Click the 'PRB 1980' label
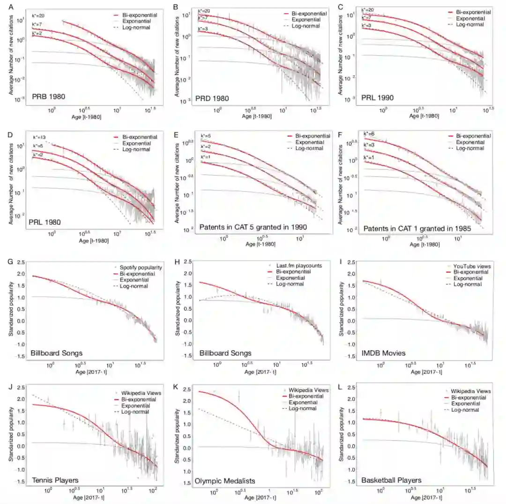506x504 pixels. point(48,97)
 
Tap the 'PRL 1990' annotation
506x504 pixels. point(378,97)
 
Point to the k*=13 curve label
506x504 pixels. point(39,137)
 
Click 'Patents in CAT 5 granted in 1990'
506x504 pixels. point(253,227)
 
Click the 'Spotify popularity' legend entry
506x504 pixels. point(141,267)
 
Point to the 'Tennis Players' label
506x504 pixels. point(56,480)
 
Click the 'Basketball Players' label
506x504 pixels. point(391,480)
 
